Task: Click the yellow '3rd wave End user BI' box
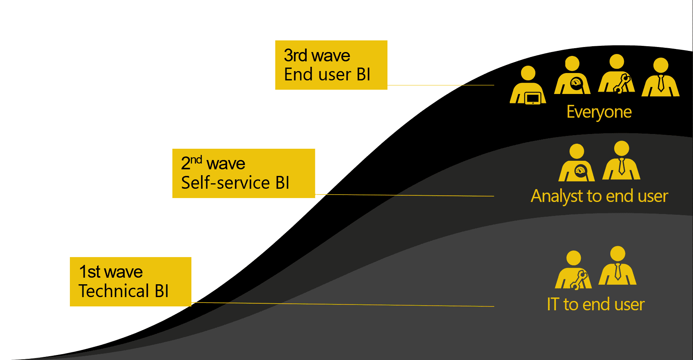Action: pos(331,65)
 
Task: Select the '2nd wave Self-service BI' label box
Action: pos(243,173)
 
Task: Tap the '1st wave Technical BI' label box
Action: pos(130,282)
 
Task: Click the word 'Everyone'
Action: pos(599,112)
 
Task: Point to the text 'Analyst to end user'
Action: pos(599,196)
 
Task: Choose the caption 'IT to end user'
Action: pos(595,304)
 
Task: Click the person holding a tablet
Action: pos(528,86)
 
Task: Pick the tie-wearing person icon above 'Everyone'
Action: pos(660,78)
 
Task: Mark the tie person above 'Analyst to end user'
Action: pos(621,161)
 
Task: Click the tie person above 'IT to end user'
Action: pos(617,266)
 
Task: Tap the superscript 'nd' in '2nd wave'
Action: pos(196,159)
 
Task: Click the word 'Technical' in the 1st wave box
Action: pos(114,291)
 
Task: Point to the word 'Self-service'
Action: pos(225,183)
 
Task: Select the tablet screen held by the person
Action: pos(533,98)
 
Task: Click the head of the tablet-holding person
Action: pos(528,73)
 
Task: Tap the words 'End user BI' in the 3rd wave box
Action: pos(327,75)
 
